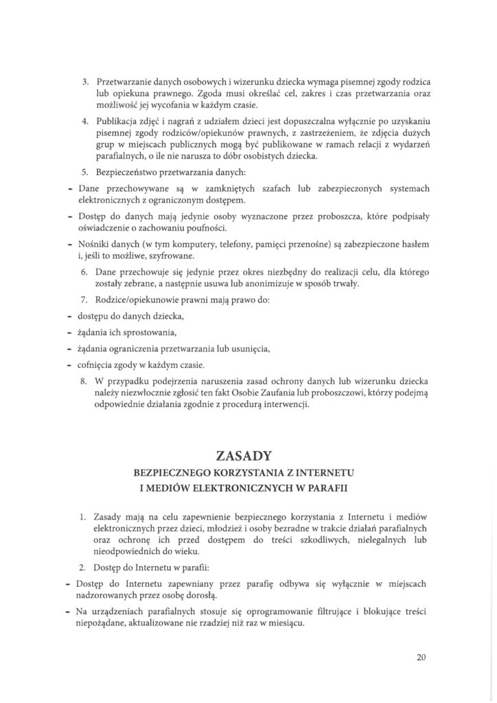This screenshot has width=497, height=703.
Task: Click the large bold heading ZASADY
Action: tap(248, 456)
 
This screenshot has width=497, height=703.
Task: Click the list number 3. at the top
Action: tap(85, 81)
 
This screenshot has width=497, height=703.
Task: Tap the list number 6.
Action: tap(85, 273)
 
